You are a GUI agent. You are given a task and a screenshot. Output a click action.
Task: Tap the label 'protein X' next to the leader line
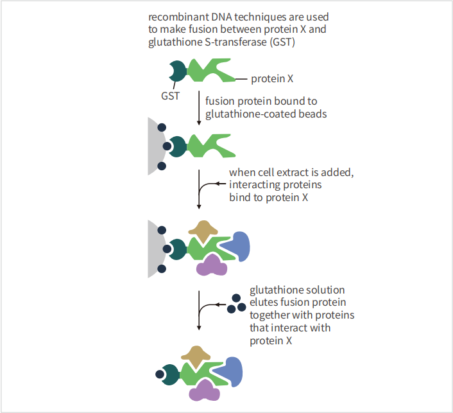point(272,79)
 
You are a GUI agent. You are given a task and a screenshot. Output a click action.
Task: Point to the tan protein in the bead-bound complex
point(204,230)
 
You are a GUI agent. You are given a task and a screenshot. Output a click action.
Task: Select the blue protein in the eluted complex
point(232,371)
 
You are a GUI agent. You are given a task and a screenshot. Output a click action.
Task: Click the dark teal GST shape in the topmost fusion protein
point(176,71)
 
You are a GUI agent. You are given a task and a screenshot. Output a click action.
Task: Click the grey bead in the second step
point(154,146)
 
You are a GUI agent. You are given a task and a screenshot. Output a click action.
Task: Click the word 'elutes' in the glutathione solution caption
point(264,303)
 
